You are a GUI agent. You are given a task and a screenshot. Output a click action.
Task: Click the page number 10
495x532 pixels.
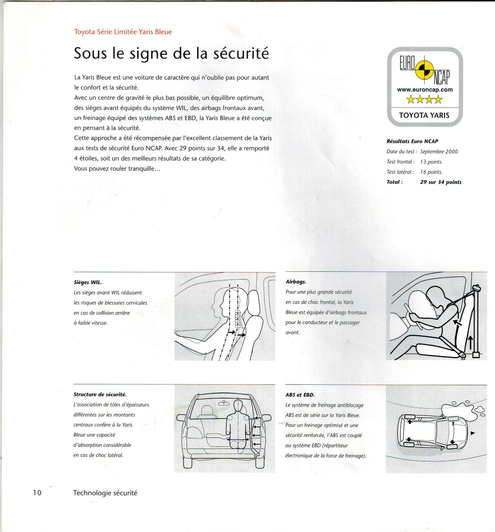pos(37,493)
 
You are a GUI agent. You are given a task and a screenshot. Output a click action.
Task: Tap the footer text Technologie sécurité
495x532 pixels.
pos(105,493)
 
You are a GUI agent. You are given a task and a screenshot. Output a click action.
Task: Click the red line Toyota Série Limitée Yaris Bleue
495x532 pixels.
pos(123,32)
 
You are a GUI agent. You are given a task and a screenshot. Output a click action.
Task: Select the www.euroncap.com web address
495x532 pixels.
pos(424,89)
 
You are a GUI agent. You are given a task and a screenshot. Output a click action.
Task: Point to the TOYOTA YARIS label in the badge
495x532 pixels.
pos(424,115)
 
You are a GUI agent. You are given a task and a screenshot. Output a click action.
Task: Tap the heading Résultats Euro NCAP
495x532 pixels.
pos(412,141)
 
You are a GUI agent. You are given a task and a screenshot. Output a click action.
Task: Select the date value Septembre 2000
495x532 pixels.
pos(439,152)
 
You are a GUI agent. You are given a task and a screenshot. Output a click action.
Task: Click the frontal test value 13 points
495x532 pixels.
pos(431,162)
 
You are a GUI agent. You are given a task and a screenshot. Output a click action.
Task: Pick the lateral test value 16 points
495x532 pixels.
pos(431,172)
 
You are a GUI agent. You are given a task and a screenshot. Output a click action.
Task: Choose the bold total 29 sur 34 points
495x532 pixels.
pos(441,182)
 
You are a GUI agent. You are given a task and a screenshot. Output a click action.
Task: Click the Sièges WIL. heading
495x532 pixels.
pos(88,282)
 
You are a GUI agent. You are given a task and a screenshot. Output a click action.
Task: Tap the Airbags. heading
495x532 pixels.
pos(296,282)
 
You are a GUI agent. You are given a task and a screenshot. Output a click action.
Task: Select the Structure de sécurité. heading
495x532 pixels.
pos(100,395)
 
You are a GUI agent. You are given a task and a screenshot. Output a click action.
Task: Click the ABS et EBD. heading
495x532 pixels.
pos(300,395)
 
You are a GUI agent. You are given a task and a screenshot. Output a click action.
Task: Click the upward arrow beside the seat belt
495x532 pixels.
pos(471,342)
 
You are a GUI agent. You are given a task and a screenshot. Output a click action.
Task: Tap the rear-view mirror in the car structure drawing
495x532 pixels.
pos(224,403)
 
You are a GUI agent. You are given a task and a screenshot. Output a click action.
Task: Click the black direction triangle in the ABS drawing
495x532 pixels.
pos(472,434)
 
